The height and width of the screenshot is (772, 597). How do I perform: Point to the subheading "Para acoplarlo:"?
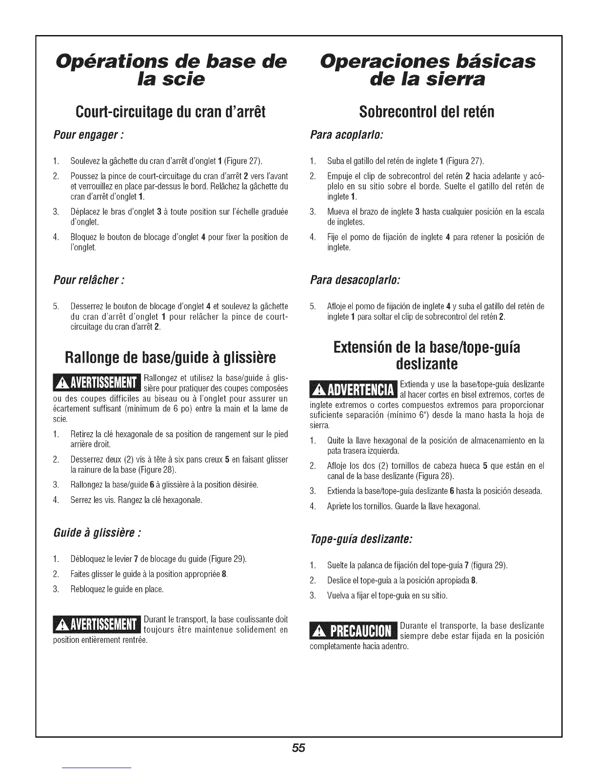[346, 134]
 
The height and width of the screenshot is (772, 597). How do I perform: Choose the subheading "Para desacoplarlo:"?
[355, 281]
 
